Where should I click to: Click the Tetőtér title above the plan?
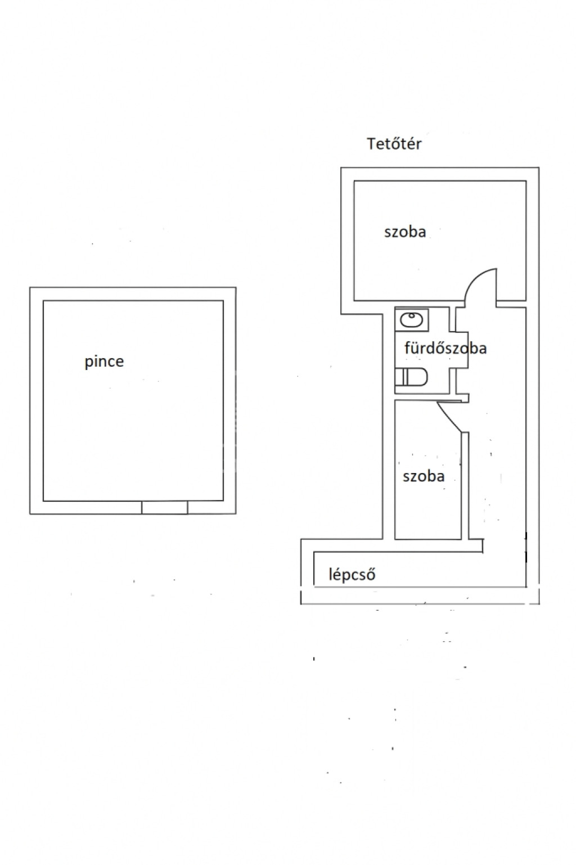[x=394, y=143]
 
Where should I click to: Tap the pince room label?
[x=104, y=362]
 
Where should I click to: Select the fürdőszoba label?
[x=445, y=348]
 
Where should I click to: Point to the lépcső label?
[x=352, y=574]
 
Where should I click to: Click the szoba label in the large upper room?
[x=405, y=232]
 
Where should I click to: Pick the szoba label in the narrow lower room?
[x=424, y=476]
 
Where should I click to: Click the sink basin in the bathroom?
[x=411, y=320]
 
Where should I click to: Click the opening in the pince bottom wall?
[x=165, y=507]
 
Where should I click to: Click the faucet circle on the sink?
[x=412, y=316]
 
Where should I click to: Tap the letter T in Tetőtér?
[x=371, y=143]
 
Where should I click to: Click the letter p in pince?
[x=89, y=363]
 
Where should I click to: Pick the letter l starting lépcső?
[x=330, y=574]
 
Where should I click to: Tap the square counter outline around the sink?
[x=412, y=319]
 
